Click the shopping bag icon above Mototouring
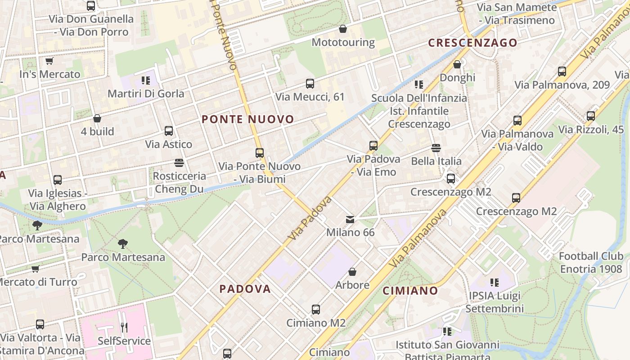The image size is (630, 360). [343, 29]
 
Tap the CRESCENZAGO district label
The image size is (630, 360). [472, 43]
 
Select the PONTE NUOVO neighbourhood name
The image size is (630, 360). [248, 119]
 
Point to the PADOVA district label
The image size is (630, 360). [245, 289]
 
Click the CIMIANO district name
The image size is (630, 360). [410, 291]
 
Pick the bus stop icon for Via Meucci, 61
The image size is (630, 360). [310, 84]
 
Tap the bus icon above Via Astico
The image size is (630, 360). [169, 131]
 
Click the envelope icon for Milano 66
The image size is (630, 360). [350, 220]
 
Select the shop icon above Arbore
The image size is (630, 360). [352, 272]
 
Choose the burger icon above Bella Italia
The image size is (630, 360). [436, 148]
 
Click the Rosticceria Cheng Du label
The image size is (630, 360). [180, 182]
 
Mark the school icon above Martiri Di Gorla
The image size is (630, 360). [145, 81]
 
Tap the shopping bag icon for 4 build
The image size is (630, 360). [97, 118]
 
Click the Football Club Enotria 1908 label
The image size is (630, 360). [591, 262]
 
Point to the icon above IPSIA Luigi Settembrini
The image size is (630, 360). [495, 283]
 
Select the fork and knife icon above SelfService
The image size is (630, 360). [124, 327]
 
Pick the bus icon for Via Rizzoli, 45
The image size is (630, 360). [591, 116]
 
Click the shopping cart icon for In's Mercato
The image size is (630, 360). [49, 61]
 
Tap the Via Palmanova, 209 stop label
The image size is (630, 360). [562, 85]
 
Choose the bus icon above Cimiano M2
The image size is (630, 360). [316, 310]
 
